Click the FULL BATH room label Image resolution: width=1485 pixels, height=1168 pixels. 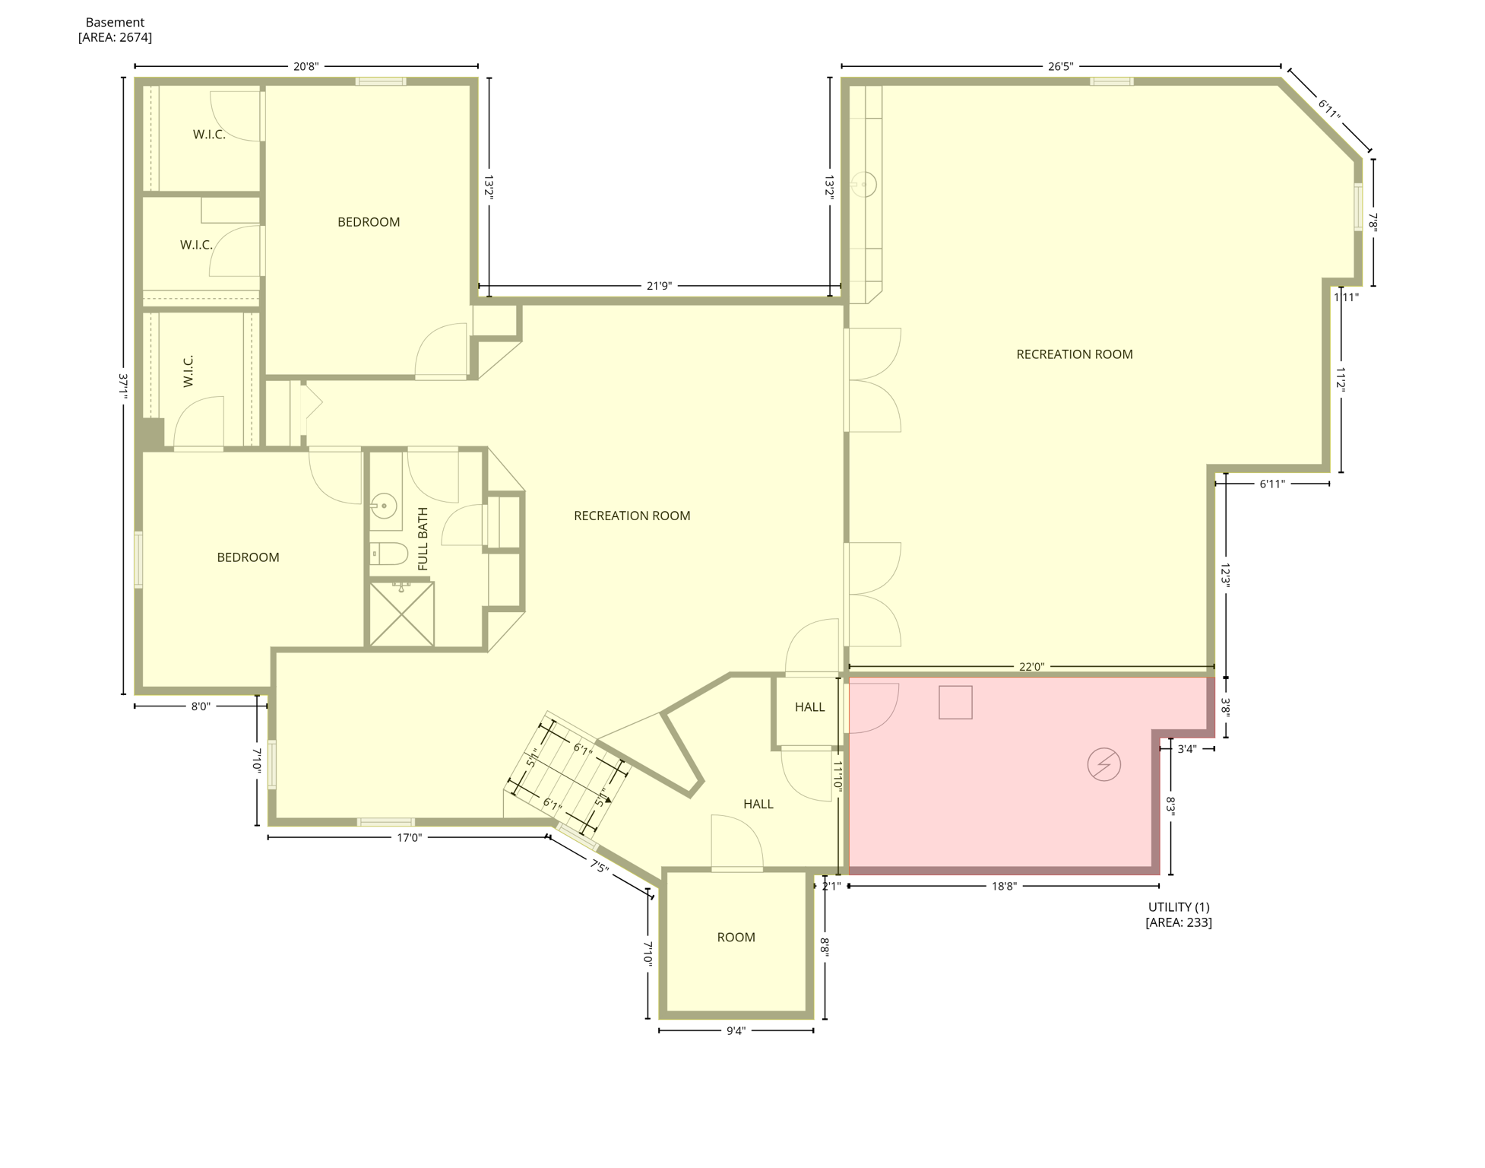tap(423, 539)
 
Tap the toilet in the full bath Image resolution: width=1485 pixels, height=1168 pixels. tap(389, 553)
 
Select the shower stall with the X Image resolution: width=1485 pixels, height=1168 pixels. tap(401, 614)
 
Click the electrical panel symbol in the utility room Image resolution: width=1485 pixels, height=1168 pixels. tap(1103, 764)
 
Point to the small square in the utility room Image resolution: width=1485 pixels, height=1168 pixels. tap(955, 702)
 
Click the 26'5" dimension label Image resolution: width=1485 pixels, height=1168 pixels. tap(1060, 67)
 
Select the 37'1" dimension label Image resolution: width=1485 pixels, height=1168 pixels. tap(124, 385)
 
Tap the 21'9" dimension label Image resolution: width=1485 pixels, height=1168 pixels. tap(659, 287)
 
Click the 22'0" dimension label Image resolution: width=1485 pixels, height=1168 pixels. tap(1031, 667)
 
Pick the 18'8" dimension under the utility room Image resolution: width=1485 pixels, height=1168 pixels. tap(1004, 886)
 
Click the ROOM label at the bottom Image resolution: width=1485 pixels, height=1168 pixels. tap(736, 938)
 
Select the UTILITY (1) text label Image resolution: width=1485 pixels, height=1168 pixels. tap(1178, 907)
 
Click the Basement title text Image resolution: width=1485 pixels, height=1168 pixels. tap(115, 23)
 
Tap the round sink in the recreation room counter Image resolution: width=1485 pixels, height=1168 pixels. tap(864, 184)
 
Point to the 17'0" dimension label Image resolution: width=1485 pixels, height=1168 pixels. tap(409, 838)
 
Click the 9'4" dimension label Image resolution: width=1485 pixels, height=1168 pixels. tap(736, 1031)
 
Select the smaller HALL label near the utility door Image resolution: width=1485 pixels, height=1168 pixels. tap(809, 707)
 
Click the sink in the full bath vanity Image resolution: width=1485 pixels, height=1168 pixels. tap(384, 506)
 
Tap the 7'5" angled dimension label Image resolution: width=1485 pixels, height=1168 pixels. tap(600, 866)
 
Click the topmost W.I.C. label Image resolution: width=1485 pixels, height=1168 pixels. tap(209, 135)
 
